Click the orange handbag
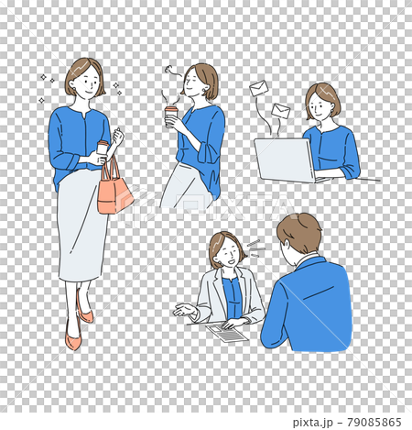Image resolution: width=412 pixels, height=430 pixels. (x=114, y=193)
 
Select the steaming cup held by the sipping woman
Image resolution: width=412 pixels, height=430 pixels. (x=171, y=115)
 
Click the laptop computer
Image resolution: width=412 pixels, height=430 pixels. (x=284, y=160)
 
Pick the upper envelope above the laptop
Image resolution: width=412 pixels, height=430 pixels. (x=259, y=89)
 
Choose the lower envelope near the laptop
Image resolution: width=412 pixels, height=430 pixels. (x=280, y=111)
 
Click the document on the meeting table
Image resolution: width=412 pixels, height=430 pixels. (x=227, y=333)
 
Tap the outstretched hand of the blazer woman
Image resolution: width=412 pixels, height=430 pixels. (x=184, y=310)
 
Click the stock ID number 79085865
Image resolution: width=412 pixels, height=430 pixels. (x=371, y=422)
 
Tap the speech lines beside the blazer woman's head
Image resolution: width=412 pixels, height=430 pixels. (x=255, y=246)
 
